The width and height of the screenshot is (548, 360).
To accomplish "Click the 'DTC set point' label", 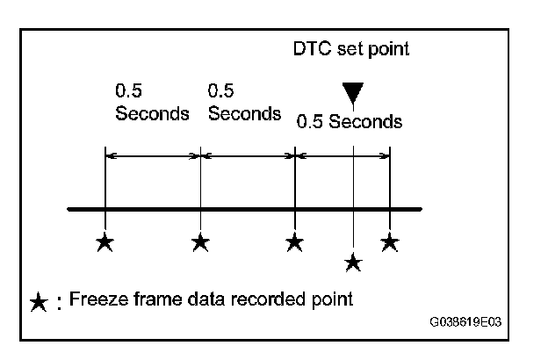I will (351, 49).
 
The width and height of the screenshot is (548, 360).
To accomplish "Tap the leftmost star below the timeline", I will (105, 242).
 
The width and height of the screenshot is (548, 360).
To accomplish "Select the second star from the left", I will (200, 242).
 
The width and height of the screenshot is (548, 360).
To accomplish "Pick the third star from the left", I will (295, 242).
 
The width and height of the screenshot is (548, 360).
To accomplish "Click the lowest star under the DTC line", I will (352, 261).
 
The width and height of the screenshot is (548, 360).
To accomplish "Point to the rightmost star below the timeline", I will (390, 242).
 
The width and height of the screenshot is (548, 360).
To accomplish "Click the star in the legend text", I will (39, 302).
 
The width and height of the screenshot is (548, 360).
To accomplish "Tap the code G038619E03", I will (465, 321).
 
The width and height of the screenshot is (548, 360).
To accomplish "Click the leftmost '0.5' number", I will (128, 90).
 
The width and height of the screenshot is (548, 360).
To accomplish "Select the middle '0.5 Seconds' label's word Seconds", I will (244, 114).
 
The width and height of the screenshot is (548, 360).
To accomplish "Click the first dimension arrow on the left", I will (153, 156).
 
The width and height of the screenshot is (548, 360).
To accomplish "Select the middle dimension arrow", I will (248, 156).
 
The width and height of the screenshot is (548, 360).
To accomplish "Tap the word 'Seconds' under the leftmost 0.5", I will (152, 114).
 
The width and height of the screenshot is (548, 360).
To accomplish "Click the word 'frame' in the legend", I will (142, 299).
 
